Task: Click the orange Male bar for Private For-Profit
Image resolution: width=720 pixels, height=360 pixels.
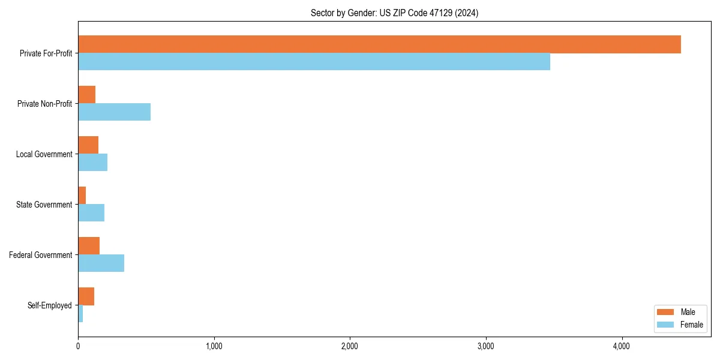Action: point(379,44)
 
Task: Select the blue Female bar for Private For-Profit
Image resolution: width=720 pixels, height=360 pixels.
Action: point(314,61)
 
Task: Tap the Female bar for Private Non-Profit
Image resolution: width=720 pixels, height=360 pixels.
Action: point(114,112)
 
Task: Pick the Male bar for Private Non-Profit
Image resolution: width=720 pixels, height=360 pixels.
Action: point(86,95)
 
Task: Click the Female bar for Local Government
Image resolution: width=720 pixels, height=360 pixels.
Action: point(92,162)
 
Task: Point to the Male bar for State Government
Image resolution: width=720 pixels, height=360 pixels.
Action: point(82,196)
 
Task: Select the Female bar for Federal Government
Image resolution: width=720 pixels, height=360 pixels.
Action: point(101,263)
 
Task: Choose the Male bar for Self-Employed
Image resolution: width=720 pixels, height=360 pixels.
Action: point(86,296)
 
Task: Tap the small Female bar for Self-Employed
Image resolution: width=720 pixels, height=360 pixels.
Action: point(80,313)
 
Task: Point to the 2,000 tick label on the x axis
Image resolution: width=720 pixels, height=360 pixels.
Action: point(350,346)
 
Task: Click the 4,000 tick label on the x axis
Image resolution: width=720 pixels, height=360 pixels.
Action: point(622,346)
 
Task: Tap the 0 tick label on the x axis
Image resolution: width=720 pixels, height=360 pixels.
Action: point(78,346)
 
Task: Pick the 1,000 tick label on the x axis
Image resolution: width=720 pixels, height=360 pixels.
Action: point(214,346)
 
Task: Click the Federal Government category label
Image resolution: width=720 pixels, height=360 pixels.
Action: point(41,255)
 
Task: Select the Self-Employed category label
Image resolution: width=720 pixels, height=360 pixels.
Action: point(50,305)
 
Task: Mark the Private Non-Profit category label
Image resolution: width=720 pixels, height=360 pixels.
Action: point(44,104)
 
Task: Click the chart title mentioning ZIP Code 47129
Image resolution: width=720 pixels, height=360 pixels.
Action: point(394,13)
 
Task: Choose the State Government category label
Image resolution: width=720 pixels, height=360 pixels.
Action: point(44,205)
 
